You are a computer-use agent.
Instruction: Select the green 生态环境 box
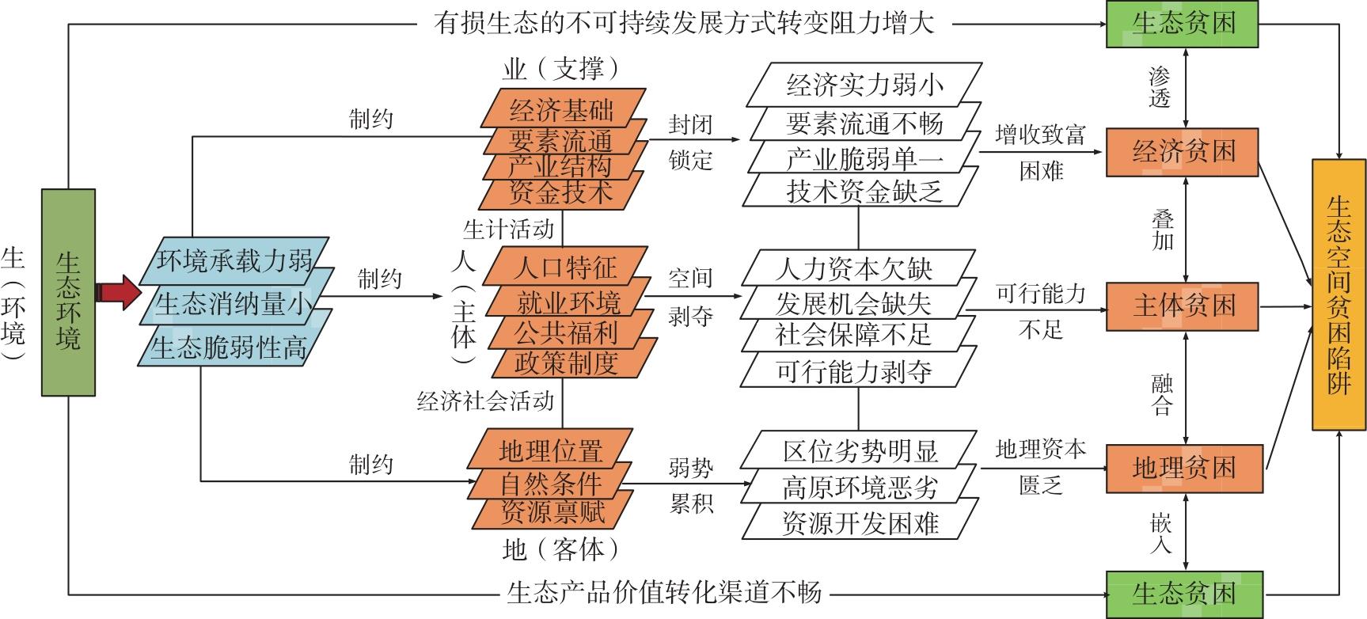68,292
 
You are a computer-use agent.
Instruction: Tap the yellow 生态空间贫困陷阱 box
1339,294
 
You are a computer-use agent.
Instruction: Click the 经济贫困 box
1183,151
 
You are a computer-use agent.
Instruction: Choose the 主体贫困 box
1183,306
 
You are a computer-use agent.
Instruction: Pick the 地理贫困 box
1183,469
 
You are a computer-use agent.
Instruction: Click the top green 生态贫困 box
1183,23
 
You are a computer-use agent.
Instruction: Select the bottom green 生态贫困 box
1183,594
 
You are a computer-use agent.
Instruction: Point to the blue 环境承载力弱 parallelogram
234,260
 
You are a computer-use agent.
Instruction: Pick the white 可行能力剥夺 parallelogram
854,371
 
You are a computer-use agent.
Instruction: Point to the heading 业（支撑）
560,69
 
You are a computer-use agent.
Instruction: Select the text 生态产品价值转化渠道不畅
664,593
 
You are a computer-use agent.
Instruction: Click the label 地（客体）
560,549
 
